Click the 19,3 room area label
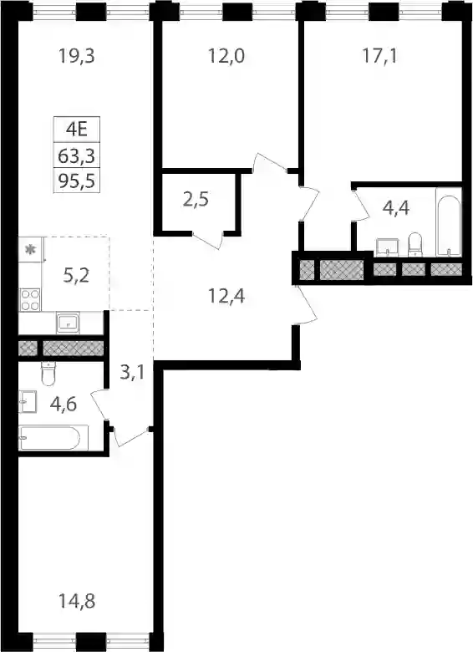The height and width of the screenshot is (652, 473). pyautogui.click(x=77, y=56)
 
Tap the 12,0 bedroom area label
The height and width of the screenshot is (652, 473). pyautogui.click(x=226, y=56)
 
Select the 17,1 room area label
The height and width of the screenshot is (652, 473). pyautogui.click(x=380, y=56)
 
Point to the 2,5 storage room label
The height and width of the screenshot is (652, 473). pyautogui.click(x=196, y=200)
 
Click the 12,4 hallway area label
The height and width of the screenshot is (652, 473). pyautogui.click(x=226, y=296)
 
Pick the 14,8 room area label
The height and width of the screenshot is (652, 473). pyautogui.click(x=77, y=600)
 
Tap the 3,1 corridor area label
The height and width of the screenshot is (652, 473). pyautogui.click(x=132, y=372)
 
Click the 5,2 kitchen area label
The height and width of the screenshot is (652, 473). pyautogui.click(x=77, y=275)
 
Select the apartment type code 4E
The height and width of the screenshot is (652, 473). pyautogui.click(x=77, y=130)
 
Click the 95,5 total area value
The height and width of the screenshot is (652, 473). pyautogui.click(x=77, y=181)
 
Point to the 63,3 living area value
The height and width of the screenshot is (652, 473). pyautogui.click(x=77, y=156)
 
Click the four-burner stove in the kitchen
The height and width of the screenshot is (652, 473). pyautogui.click(x=30, y=300)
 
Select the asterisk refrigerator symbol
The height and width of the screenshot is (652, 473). pyautogui.click(x=30, y=249)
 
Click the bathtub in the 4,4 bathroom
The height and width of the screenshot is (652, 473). pyautogui.click(x=449, y=222)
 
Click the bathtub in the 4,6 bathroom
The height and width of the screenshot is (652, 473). pyautogui.click(x=49, y=437)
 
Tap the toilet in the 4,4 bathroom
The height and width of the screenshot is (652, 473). pyautogui.click(x=415, y=244)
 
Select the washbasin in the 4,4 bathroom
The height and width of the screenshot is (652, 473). pyautogui.click(x=387, y=247)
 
